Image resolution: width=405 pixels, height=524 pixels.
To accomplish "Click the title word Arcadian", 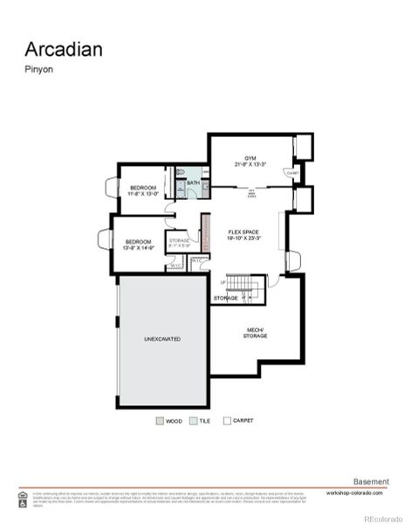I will (x=63, y=49).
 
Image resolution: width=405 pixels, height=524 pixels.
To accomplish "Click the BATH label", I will (x=192, y=183).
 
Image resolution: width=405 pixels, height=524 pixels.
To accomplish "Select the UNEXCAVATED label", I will (x=162, y=338).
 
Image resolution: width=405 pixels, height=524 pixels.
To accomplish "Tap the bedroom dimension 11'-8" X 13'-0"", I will (x=143, y=195).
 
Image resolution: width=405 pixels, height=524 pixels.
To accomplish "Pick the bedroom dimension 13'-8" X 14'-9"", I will (x=139, y=248).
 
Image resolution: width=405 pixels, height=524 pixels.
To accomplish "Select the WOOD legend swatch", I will (x=160, y=420).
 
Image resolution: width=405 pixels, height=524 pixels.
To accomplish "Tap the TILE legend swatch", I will (x=193, y=420).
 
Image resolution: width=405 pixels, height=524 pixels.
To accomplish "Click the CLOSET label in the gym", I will (x=291, y=173).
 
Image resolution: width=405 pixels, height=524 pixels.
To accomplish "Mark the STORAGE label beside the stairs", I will (x=225, y=299).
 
